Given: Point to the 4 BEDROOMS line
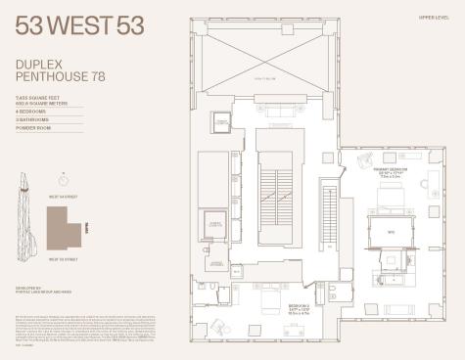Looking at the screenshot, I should (30, 112).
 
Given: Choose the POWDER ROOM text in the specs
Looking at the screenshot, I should (30, 127).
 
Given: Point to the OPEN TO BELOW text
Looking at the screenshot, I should (264, 78).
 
